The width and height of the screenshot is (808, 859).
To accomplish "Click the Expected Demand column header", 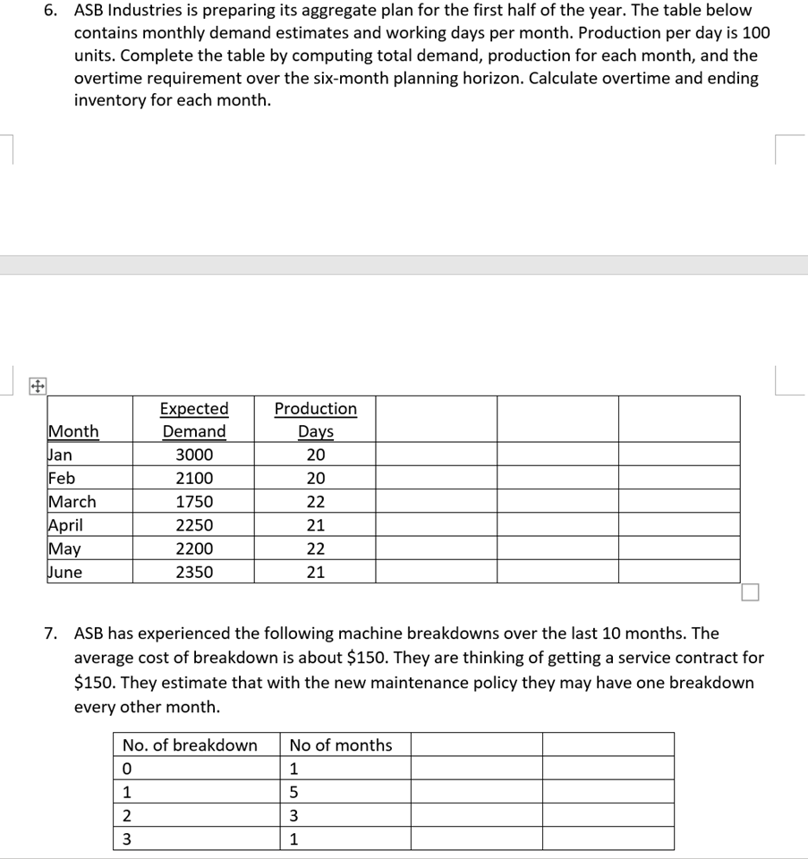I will click(194, 420).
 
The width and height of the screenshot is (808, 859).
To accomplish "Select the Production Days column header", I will click(315, 420).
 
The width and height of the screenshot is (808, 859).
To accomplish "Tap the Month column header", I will click(73, 431).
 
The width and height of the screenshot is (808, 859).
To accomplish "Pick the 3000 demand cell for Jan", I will click(194, 455).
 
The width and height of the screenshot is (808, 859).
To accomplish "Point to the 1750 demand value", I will click(194, 502).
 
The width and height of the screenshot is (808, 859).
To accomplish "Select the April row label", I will click(65, 525).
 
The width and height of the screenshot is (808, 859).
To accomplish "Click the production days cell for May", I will click(315, 549).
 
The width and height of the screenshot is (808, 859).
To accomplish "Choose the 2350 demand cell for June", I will click(194, 573).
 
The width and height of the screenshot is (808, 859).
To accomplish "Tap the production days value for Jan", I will click(315, 455).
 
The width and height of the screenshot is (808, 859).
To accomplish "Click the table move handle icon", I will click(37, 387).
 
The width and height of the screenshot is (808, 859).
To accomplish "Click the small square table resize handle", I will click(750, 592).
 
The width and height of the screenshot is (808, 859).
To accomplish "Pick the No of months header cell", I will click(341, 745).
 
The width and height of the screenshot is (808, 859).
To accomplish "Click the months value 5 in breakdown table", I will click(294, 792).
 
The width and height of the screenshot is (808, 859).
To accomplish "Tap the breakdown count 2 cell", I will click(127, 815).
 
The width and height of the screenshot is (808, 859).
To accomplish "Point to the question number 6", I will click(52, 11).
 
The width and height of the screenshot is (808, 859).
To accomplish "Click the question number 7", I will click(52, 634).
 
